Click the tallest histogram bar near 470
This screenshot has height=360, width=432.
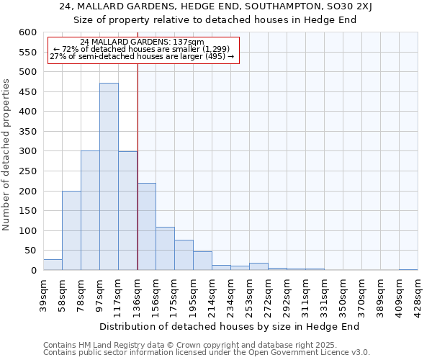pyautogui.click(x=109, y=176)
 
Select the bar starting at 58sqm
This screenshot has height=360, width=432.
pyautogui.click(x=71, y=230)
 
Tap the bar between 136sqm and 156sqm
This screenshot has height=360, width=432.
pyautogui.click(x=146, y=226)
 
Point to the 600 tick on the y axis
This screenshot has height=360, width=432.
pyautogui.click(x=27, y=32)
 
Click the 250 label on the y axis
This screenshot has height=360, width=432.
pyautogui.click(x=27, y=171)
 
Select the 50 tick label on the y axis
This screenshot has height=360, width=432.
pyautogui.click(x=30, y=251)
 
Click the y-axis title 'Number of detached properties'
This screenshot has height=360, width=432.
pyautogui.click(x=7, y=156)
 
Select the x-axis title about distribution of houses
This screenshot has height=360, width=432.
pyautogui.click(x=229, y=326)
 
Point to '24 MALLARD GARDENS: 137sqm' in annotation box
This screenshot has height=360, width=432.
pyautogui.click(x=142, y=42)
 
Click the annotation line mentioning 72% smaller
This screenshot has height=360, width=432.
pyautogui.click(x=142, y=49)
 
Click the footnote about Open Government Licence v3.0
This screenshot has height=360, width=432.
pyautogui.click(x=207, y=353)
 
